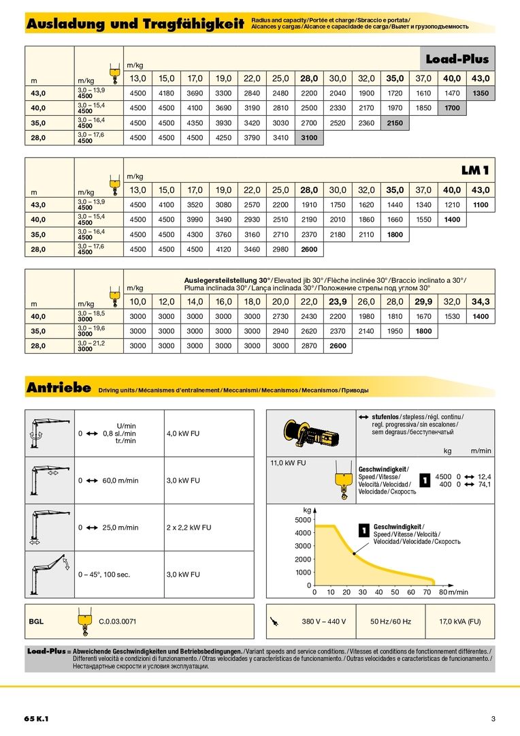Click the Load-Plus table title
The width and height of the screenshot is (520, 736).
457,59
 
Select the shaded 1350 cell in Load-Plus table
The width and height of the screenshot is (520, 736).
481,93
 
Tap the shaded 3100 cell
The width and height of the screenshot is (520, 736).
309,138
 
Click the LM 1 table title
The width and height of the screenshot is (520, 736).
475,170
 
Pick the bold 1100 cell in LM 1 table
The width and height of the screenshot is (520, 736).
481,204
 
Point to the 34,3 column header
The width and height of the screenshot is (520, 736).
481,301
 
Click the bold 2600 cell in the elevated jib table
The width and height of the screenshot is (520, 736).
338,346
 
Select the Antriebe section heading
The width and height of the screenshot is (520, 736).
59,388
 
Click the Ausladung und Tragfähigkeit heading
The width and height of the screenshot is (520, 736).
135,25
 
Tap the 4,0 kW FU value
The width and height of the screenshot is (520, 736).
183,433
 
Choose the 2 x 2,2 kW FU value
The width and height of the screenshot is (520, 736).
189,527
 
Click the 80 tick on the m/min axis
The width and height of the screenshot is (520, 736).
444,592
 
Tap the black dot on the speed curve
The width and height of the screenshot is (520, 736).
355,554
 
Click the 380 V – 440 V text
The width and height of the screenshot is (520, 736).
324,622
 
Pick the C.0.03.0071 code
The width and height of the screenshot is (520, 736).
118,622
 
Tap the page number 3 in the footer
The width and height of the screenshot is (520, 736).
493,719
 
